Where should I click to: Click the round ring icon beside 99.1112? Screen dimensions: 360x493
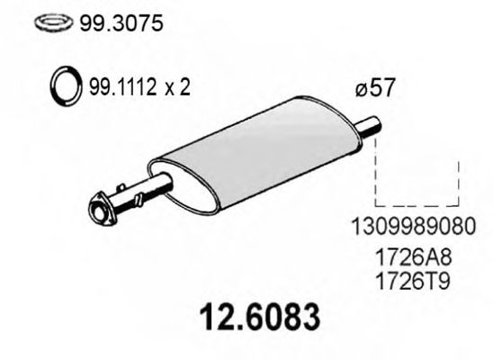(x=65, y=88)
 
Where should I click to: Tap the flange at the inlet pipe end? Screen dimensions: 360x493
(x=100, y=210)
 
